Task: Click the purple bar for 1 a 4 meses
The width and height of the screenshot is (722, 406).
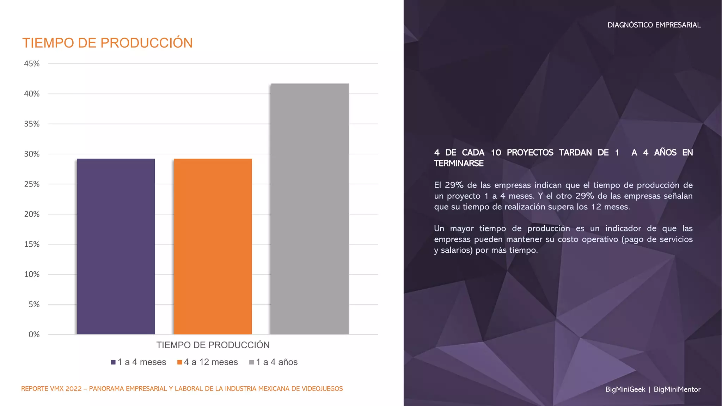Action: pos(116,246)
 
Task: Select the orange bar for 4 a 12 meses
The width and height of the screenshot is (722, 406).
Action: pos(213,246)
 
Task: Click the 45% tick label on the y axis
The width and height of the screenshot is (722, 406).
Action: pos(32,64)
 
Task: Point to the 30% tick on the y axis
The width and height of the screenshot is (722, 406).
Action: pos(32,154)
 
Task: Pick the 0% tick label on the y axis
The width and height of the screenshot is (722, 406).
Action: pos(34,334)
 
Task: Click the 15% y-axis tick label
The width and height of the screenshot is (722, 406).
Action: pos(32,244)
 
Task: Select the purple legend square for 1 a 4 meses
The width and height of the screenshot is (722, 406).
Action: pos(113,362)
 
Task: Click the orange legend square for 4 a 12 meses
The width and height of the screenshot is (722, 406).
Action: pos(180,362)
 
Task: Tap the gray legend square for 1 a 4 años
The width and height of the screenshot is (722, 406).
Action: pos(251,362)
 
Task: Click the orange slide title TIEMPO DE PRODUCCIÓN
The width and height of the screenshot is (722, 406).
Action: pos(108,43)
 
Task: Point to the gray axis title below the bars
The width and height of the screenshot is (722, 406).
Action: pos(213,345)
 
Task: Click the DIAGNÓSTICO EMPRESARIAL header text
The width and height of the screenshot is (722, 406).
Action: pos(654,25)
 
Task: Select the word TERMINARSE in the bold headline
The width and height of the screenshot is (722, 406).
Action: pos(459,164)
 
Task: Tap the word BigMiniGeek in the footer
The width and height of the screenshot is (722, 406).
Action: pos(625,389)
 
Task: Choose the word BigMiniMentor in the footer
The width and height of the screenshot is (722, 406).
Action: pos(677,389)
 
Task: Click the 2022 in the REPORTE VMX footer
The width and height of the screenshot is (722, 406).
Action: pos(73,389)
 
